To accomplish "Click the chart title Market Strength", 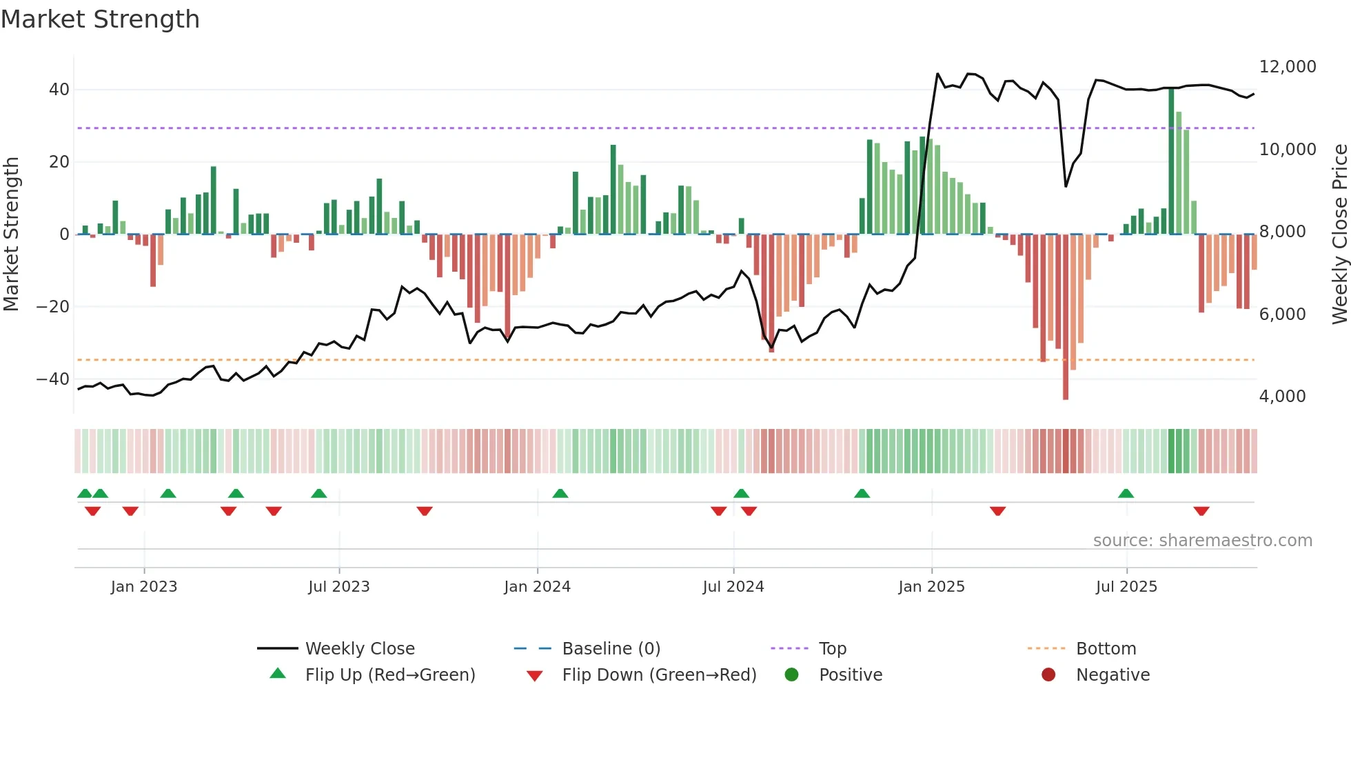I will click(100, 19).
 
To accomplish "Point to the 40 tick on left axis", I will click(59, 90).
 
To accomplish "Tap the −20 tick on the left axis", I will click(52, 306).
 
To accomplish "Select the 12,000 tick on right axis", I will click(1287, 67).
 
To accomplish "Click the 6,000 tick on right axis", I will click(1282, 314).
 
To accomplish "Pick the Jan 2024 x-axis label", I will click(537, 587).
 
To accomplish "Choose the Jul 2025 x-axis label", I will click(1126, 587).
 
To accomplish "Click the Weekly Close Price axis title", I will click(1339, 234).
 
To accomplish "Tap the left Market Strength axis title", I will click(11, 234).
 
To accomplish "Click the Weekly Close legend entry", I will click(359, 649).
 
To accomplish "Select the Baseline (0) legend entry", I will click(611, 649).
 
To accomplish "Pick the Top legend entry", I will click(832, 649).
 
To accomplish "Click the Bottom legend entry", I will click(1106, 649).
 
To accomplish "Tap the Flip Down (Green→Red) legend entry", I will click(658, 675).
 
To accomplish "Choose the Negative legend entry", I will click(1113, 675).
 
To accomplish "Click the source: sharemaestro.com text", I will click(1202, 541).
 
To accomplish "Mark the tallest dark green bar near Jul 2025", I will click(1171, 162).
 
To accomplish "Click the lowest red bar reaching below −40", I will click(1066, 317).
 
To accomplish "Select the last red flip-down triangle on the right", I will click(1201, 511).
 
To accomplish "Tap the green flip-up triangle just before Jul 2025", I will click(1126, 493).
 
